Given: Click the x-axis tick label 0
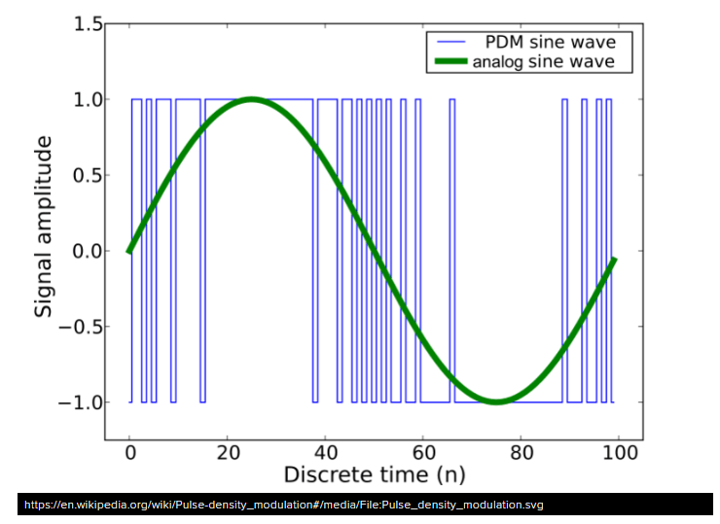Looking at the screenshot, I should (x=129, y=454).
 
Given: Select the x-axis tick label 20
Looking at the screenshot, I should (x=228, y=454).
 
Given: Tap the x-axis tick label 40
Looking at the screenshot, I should (x=326, y=454).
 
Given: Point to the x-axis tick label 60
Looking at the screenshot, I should (x=424, y=454).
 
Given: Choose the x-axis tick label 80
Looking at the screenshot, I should (x=522, y=454).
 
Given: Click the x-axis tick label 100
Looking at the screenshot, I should (x=621, y=454).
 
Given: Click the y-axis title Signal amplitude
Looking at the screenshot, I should (x=44, y=227).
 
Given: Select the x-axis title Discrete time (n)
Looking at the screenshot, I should (x=374, y=475).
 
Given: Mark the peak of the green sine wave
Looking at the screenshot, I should (x=252, y=99).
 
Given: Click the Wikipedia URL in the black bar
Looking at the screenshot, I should (x=283, y=506).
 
